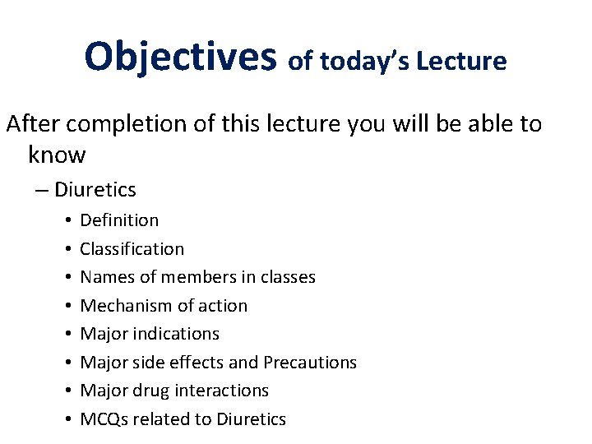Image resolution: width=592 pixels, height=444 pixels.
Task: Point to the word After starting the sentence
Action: (35, 125)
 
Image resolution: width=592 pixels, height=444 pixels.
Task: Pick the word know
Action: (56, 154)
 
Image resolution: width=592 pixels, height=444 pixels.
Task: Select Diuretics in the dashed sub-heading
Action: (95, 190)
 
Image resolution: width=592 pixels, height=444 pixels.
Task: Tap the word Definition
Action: (119, 220)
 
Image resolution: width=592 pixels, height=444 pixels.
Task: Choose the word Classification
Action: (132, 248)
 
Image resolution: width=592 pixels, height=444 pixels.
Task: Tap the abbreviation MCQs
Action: (104, 419)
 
